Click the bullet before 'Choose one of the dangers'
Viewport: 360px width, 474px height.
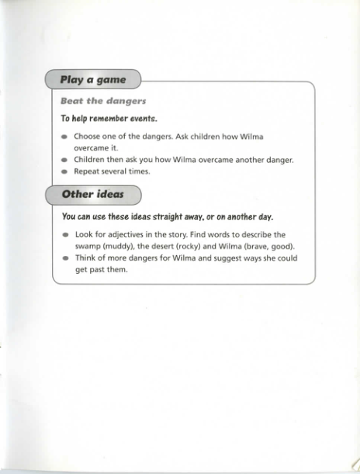click(x=64, y=137)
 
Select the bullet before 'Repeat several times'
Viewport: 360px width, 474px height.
click(x=64, y=171)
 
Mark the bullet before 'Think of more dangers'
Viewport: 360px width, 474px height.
click(x=64, y=259)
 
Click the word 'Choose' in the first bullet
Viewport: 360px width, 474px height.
click(x=89, y=137)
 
